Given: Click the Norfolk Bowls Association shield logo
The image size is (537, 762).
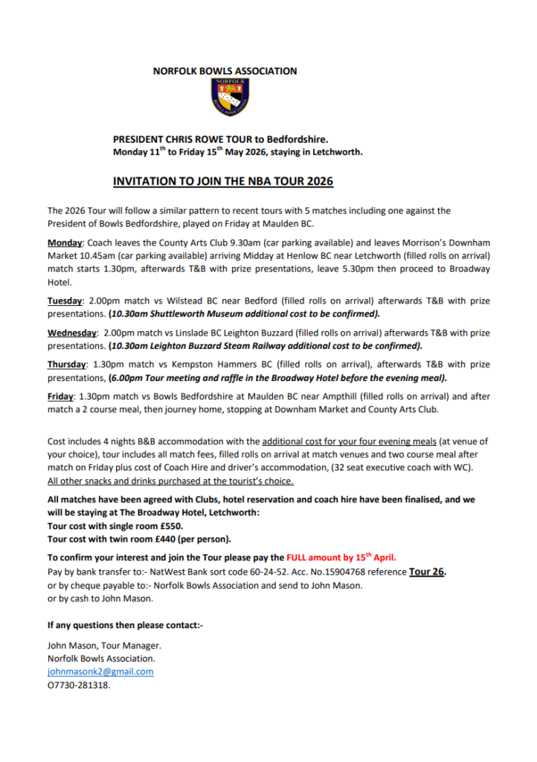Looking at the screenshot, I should coord(228,97).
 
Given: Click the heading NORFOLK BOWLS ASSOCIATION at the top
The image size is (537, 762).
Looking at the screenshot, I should coord(225,71).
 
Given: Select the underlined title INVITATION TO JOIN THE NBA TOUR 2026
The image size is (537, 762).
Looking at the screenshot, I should coord(222,181).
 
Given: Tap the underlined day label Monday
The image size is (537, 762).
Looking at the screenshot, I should coord(65,243).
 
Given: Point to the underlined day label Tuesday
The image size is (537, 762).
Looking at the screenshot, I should coord(65,301).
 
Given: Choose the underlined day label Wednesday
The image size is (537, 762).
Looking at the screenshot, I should coord(72,333).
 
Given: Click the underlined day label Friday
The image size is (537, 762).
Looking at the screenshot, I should coord(61,397).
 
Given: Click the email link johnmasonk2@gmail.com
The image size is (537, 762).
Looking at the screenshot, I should coord(100,671).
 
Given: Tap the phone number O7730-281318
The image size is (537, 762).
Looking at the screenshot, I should coord(78,685).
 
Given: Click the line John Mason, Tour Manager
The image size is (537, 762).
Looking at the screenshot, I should coord(104,645).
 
